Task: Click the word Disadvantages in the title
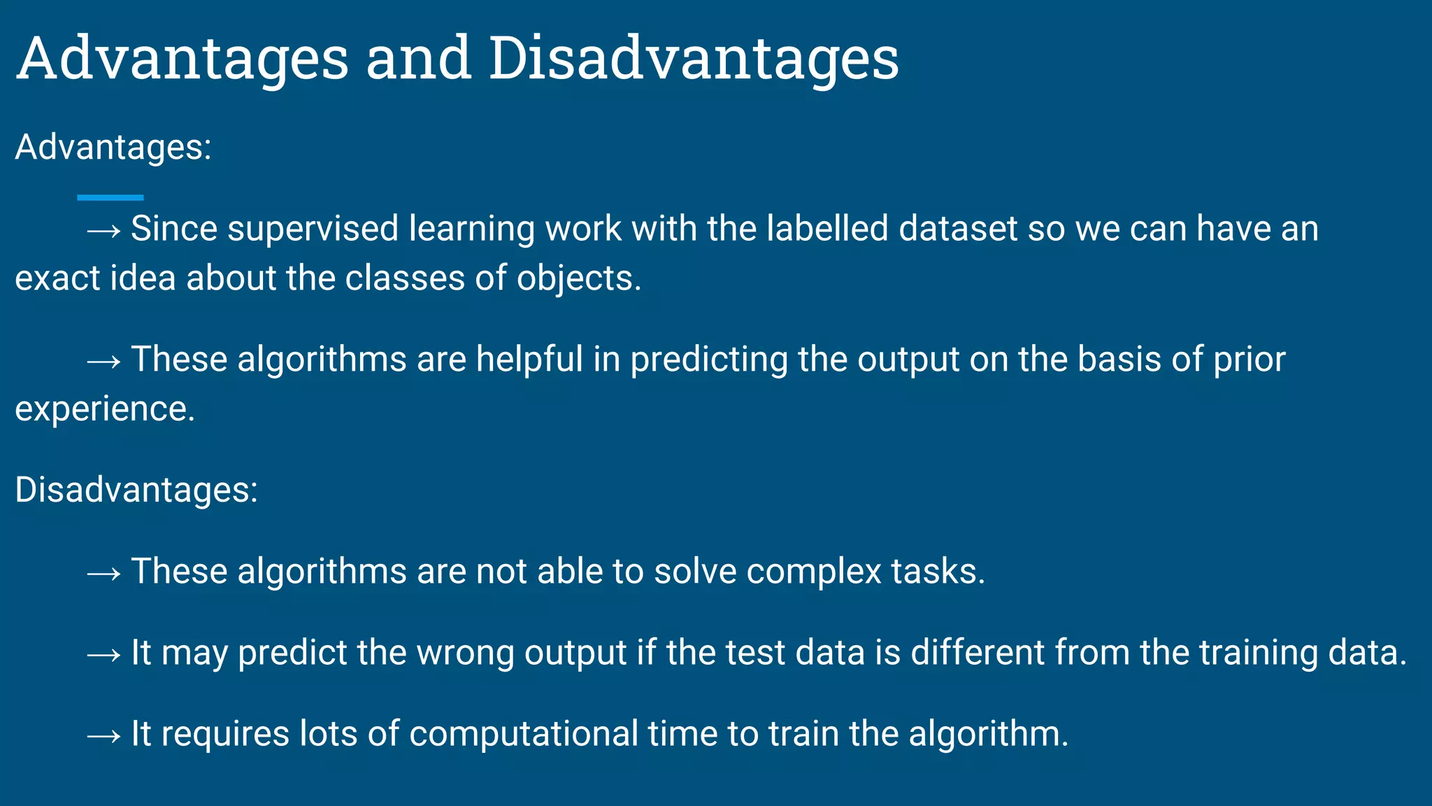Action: pos(693,59)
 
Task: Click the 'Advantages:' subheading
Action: pos(113,148)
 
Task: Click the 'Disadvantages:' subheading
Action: pos(136,490)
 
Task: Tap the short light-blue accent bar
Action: pos(110,198)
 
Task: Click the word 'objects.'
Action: pos(579,278)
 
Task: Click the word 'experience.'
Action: pos(105,409)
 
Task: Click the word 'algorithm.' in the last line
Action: pos(989,734)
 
